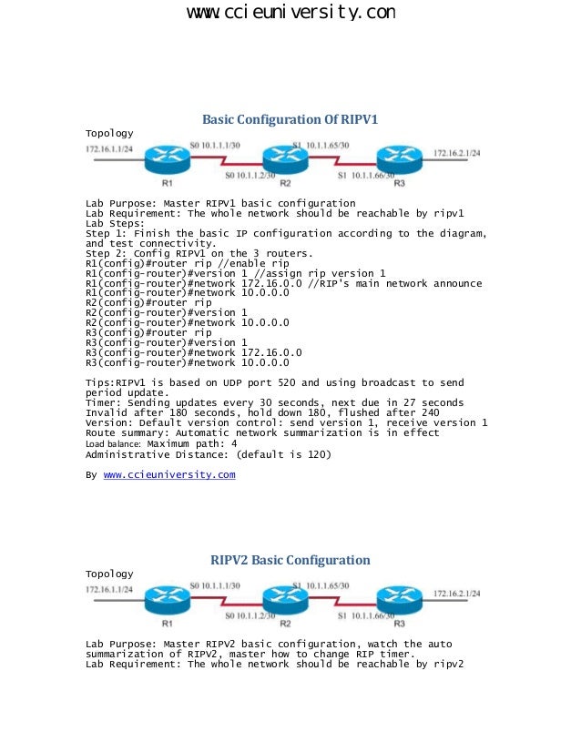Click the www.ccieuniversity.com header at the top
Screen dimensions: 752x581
[x=290, y=13]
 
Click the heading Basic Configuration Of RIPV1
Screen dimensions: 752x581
[x=290, y=119]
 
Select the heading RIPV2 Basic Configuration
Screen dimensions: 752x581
[x=290, y=560]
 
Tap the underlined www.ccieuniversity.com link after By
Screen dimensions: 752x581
[x=169, y=474]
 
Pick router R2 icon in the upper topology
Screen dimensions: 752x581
[x=284, y=160]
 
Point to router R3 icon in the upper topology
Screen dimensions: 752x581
[x=398, y=158]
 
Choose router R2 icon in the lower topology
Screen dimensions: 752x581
[x=284, y=601]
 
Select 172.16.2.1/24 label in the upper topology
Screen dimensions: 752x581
[x=457, y=152]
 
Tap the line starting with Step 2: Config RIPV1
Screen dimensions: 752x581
[x=199, y=253]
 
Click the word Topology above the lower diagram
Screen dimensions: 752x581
[x=109, y=574]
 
